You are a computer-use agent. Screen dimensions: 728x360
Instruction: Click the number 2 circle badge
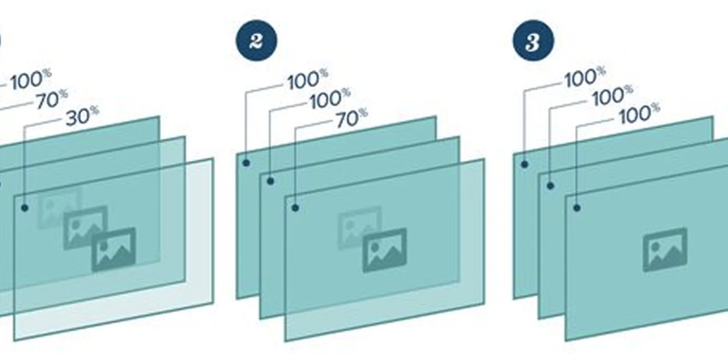click(x=256, y=40)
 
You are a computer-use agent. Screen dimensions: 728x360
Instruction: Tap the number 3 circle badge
click(x=533, y=40)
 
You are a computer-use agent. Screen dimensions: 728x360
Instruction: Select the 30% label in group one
click(x=83, y=116)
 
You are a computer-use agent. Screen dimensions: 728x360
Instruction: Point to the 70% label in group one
click(x=52, y=99)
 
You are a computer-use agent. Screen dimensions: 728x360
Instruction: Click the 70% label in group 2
click(x=352, y=118)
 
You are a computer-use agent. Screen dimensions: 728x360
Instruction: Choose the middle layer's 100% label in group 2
click(x=330, y=98)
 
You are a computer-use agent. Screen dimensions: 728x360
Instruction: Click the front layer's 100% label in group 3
click(x=640, y=113)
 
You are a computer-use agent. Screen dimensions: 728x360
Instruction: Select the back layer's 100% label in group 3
click(x=585, y=77)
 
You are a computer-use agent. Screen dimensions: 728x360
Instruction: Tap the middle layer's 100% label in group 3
click(x=612, y=95)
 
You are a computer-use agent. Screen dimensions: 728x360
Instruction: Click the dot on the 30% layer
click(x=25, y=208)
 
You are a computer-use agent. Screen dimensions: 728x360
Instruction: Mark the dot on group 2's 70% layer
click(x=295, y=208)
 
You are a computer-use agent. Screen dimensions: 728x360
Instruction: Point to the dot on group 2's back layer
click(x=246, y=162)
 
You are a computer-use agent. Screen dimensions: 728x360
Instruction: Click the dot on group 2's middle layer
click(x=271, y=181)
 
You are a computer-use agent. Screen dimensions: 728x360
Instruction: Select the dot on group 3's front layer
click(x=576, y=208)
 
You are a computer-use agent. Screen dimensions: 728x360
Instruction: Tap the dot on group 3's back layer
click(x=524, y=164)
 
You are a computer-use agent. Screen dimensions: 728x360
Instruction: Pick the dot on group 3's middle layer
click(x=550, y=186)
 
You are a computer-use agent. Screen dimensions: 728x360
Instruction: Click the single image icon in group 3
click(x=665, y=249)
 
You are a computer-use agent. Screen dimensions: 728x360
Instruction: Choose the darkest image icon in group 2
click(x=384, y=250)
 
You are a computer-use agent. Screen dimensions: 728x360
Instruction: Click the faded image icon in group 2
click(x=359, y=228)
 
